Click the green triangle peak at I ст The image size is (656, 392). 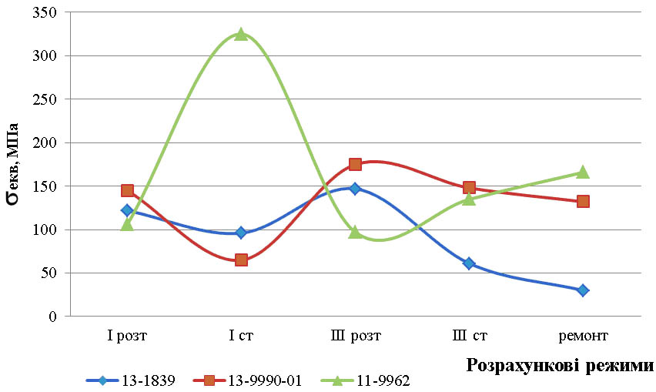(241, 34)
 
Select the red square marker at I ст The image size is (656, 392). (241, 260)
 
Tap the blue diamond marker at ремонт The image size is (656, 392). (583, 290)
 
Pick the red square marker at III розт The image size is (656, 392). (355, 164)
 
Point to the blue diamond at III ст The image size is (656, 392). (469, 263)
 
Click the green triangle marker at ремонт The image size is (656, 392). (583, 172)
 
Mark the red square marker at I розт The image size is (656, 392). (127, 190)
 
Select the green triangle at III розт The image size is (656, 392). (355, 232)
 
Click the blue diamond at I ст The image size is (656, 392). (241, 233)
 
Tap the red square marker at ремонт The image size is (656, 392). (583, 201)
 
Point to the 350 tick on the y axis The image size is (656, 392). (47, 12)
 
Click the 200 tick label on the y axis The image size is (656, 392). (47, 142)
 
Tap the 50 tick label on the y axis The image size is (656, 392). (50, 273)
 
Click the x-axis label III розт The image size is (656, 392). (355, 336)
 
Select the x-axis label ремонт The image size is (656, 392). (583, 336)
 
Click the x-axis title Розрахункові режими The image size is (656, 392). (561, 364)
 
